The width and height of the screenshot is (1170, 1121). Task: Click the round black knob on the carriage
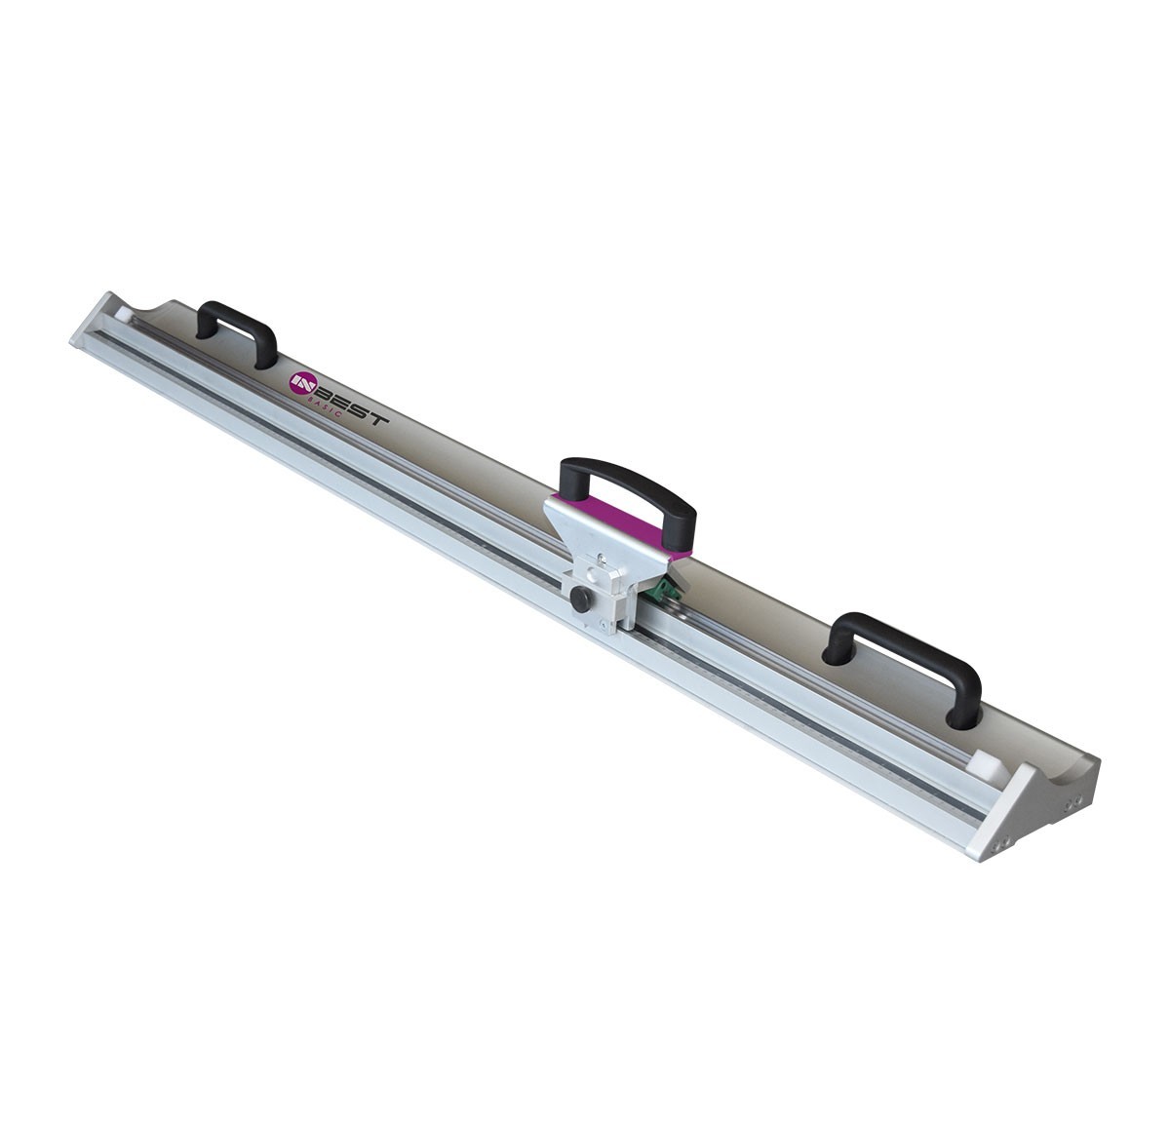(x=580, y=599)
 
